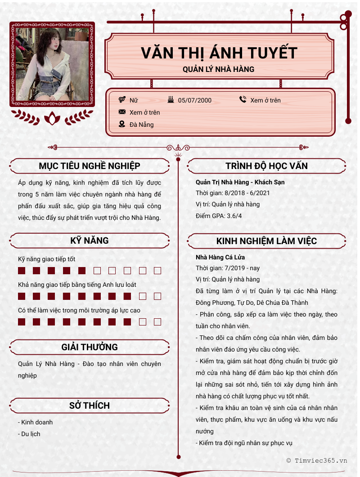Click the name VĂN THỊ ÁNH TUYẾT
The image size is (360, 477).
click(219, 53)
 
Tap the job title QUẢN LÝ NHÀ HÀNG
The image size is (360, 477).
click(219, 69)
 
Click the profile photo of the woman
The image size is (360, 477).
click(52, 64)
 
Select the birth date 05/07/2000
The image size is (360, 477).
click(194, 100)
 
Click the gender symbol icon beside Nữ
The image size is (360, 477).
click(122, 100)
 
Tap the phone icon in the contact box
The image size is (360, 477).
click(243, 100)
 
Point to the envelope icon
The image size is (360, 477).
click(122, 112)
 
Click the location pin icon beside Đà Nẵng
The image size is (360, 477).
click(122, 124)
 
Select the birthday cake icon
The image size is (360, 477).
click(171, 100)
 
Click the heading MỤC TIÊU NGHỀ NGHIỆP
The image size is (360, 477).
click(90, 166)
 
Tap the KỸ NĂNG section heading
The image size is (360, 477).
click(90, 241)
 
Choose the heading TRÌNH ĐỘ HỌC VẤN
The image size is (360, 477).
click(266, 166)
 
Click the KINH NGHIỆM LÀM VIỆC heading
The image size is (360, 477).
click(266, 241)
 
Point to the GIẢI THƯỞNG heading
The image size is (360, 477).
click(90, 347)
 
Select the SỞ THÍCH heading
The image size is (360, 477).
click(90, 406)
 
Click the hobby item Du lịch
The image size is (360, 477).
click(29, 434)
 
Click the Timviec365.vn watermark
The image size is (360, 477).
click(317, 460)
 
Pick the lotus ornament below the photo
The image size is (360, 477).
click(52, 118)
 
